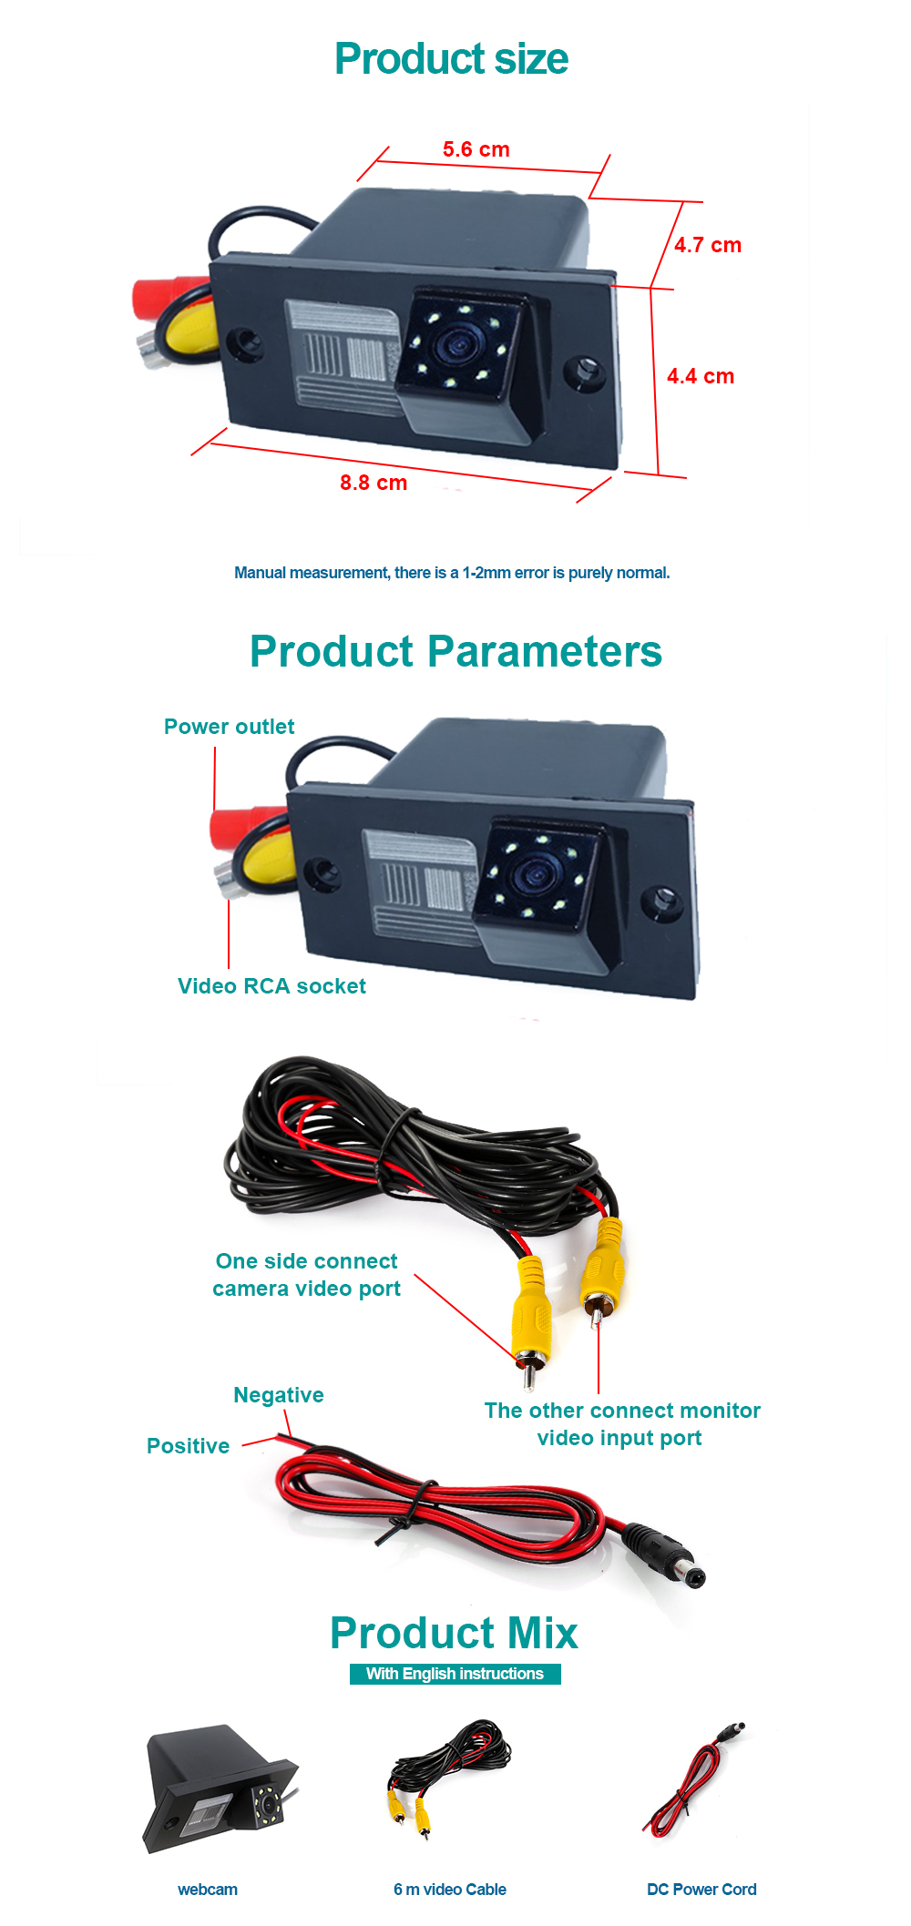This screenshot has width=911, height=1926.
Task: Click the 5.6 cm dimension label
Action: point(476,149)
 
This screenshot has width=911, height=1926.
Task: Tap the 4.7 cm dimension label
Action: point(707,245)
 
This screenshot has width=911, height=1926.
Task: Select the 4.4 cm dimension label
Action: point(700,376)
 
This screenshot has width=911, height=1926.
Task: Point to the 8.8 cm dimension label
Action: point(374,483)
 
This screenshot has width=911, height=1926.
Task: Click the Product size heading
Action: point(451,59)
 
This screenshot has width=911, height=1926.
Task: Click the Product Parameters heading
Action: point(455,652)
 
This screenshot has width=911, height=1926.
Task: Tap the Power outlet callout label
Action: point(229,727)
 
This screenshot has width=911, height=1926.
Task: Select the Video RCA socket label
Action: point(271,986)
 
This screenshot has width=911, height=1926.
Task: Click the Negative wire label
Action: point(278,1395)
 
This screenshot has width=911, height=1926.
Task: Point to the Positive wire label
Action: point(188,1446)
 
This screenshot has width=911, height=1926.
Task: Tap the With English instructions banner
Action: point(455,1674)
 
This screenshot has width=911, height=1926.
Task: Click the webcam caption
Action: point(208,1890)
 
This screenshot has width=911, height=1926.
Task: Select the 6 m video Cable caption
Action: point(450,1890)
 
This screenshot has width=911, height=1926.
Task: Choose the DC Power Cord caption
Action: point(701,1890)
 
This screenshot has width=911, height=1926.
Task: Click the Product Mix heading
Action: point(454,1633)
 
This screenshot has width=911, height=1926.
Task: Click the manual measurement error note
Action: point(452,573)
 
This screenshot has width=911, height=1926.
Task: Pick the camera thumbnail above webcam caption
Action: point(220,1788)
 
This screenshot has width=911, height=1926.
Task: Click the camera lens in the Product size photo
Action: point(455,345)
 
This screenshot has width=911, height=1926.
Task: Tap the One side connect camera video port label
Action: point(306,1275)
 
